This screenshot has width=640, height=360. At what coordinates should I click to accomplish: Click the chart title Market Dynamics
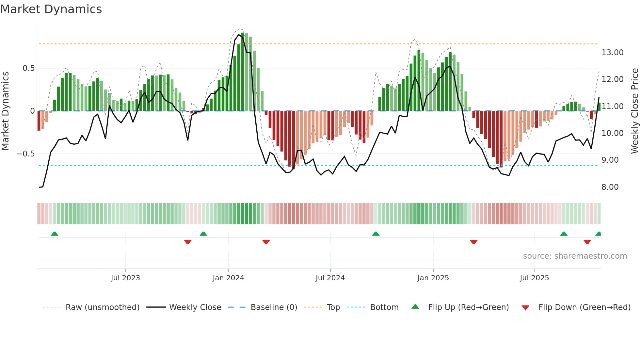(51, 9)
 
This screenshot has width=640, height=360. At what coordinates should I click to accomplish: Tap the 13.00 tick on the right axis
(612, 53)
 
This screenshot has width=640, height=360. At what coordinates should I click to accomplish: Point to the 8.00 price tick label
(610, 187)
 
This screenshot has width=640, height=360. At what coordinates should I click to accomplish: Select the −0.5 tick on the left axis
(25, 154)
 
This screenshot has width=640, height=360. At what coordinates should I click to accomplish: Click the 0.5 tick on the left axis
(28, 68)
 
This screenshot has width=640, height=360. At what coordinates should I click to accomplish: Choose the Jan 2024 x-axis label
(228, 278)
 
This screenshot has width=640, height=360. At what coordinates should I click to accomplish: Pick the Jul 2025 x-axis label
(534, 278)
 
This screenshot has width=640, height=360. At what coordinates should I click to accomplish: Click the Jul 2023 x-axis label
(125, 278)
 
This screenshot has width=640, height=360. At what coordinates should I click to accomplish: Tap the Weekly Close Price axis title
(634, 111)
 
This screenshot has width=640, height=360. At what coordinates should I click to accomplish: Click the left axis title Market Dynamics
(5, 111)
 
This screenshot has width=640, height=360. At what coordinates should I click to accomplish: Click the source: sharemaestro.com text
(575, 256)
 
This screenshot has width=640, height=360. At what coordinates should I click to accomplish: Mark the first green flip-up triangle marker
(55, 234)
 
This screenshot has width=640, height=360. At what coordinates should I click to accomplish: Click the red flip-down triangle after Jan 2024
(266, 242)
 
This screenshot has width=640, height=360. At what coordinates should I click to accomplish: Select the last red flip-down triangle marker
(587, 242)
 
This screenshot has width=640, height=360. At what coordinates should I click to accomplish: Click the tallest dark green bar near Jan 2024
(243, 72)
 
